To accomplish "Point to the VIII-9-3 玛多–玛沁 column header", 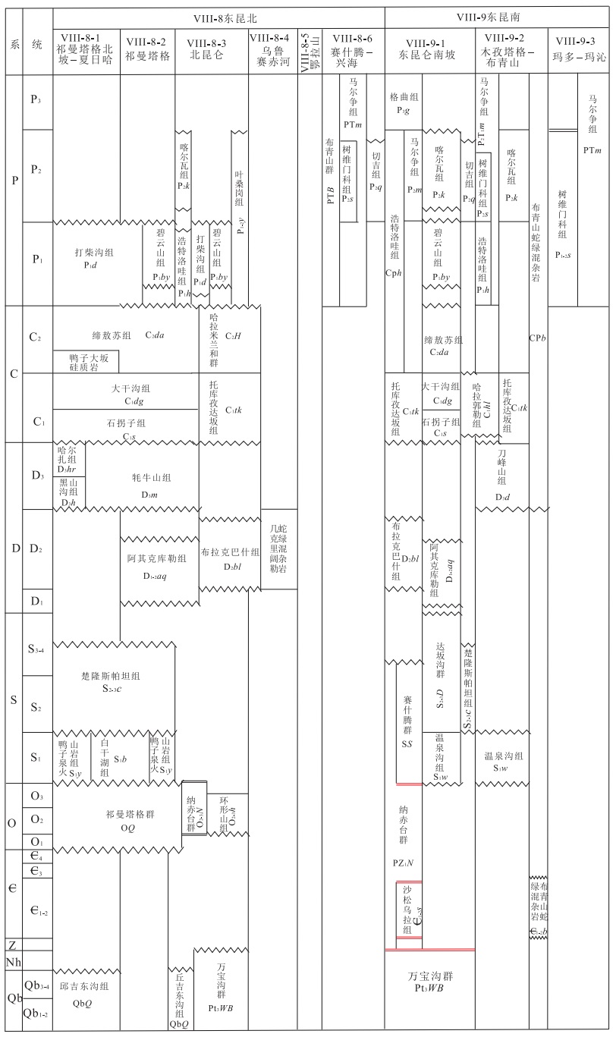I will coord(580,46).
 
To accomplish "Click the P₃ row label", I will coord(36,102).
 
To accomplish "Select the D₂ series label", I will coord(36,549).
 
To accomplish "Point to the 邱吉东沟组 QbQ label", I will coord(84,992).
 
